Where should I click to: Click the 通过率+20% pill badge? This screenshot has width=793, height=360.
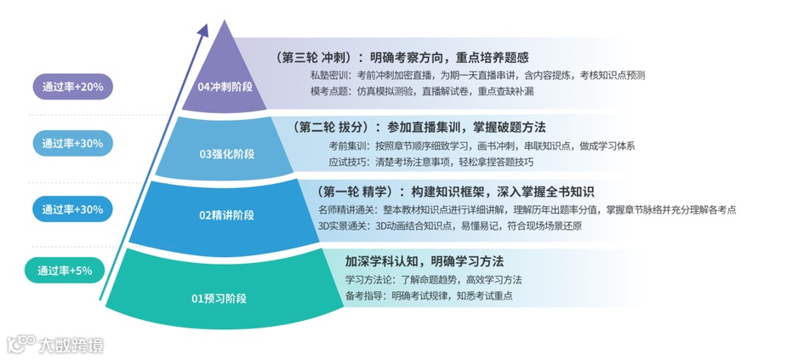pos(72,87)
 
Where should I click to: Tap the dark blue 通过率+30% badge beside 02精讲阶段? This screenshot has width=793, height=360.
pos(72,209)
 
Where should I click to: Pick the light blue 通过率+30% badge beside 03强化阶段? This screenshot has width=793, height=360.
pos(72,144)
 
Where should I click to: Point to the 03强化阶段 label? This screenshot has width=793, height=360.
pos(227,154)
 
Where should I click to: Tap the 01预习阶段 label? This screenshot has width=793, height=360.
pos(218,298)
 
